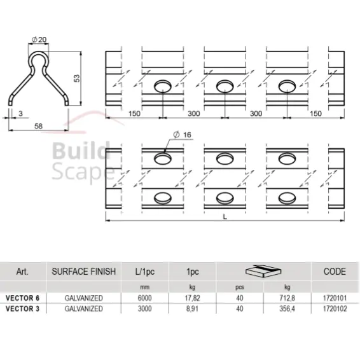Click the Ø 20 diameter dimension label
coord(39,39)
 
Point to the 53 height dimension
coord(77,78)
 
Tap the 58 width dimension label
coord(38,126)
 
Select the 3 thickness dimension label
coord(20,113)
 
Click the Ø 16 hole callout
coord(183,135)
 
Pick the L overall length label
coord(225,216)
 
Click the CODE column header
coord(335,272)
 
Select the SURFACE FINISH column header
coord(84,272)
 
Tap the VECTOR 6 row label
coord(22,298)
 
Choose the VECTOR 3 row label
coord(22,308)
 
